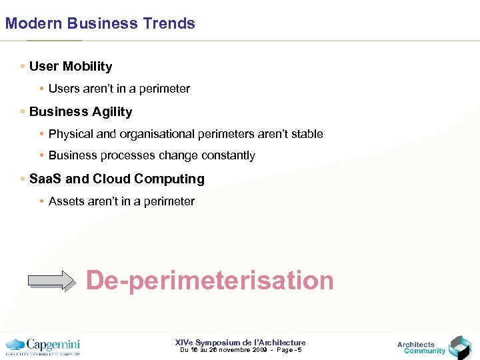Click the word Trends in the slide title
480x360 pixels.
[169, 23]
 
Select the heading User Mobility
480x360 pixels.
[71, 67]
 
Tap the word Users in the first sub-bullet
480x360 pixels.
[63, 89]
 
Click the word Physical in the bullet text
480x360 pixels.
[71, 134]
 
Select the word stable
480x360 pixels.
[307, 134]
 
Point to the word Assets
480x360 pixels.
[66, 201]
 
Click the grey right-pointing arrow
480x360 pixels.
[53, 281]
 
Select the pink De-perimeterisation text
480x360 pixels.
[210, 280]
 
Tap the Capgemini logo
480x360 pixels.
[43, 346]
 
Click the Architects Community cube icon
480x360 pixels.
[459, 347]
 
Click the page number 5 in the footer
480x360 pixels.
[299, 350]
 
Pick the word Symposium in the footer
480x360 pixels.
[221, 343]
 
